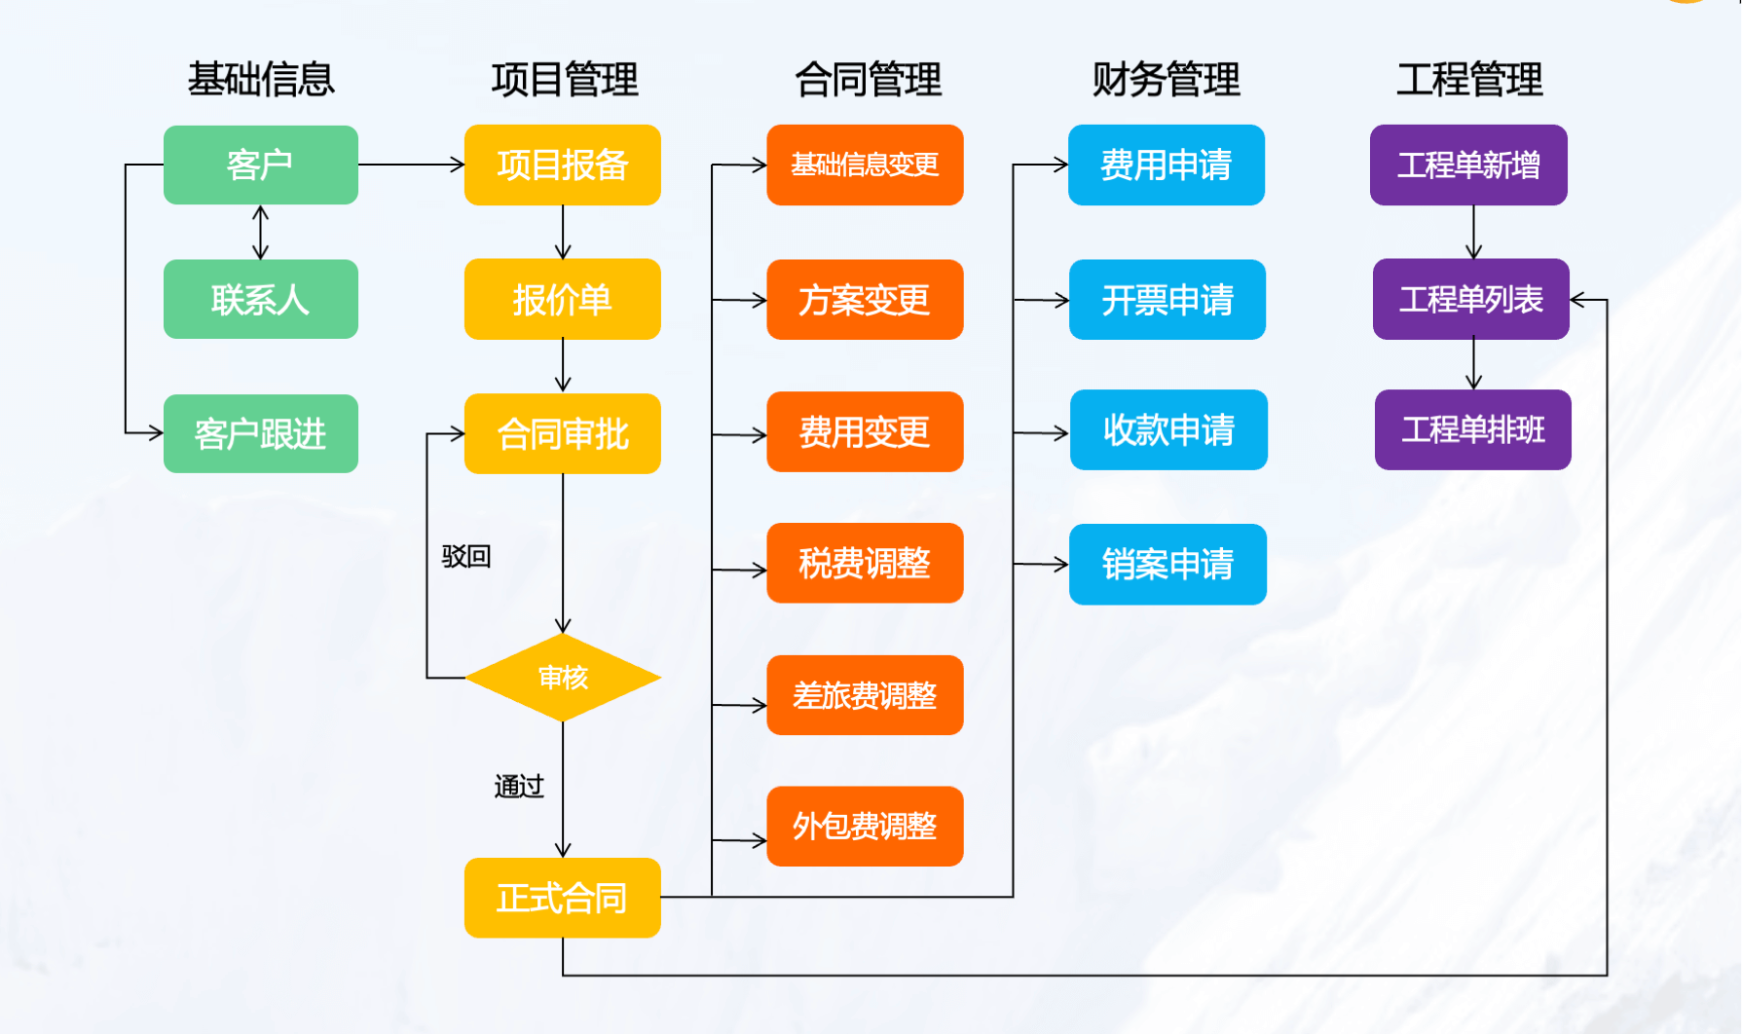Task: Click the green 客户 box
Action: (260, 165)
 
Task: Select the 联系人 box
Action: (260, 299)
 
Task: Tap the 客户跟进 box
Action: (260, 433)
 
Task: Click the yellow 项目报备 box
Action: (562, 165)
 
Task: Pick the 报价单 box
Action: (562, 299)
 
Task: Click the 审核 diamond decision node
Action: (563, 678)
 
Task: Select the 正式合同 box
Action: (562, 898)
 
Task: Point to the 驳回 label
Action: (465, 556)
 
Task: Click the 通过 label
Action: (518, 786)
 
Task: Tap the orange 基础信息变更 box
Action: (865, 165)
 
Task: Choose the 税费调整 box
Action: (865, 563)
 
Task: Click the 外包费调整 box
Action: (865, 826)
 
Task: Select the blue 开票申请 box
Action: (1167, 299)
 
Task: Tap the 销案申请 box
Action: (1167, 564)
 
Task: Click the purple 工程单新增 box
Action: (1467, 165)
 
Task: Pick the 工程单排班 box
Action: (1472, 429)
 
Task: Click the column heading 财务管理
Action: (1166, 79)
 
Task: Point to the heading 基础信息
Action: (260, 79)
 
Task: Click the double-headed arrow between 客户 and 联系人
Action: (260, 232)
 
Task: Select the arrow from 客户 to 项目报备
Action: (411, 165)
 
